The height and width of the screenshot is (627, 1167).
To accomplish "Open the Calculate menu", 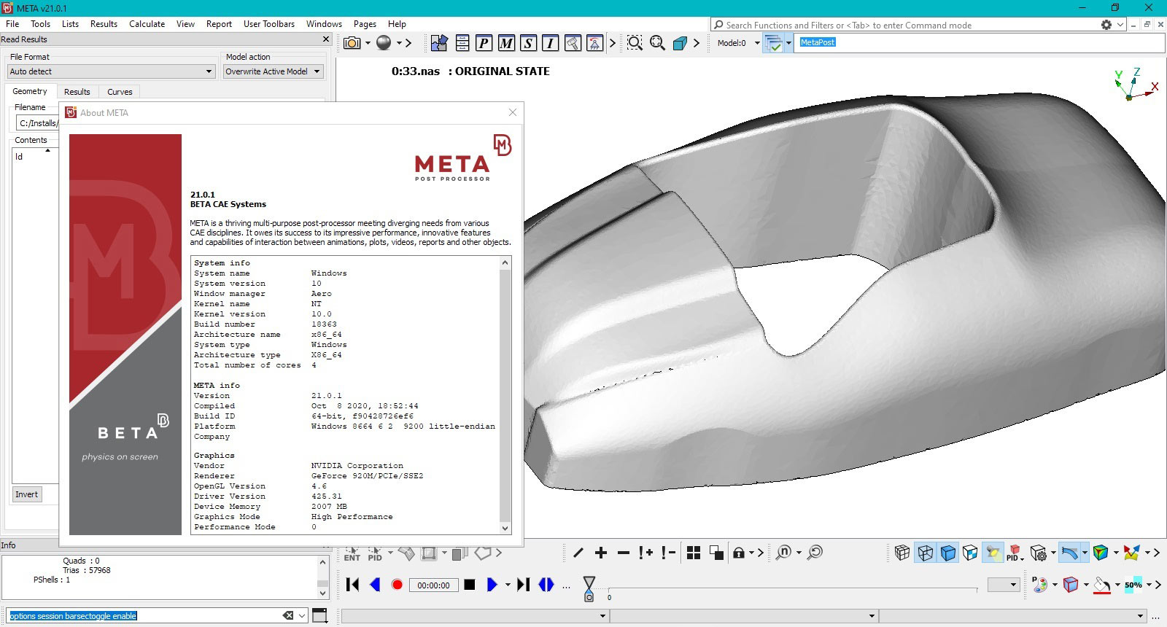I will coord(147,24).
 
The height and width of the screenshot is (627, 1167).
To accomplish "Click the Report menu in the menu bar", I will coord(219,24).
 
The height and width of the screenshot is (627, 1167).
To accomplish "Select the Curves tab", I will coord(120,92).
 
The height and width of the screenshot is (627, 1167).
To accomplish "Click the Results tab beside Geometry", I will coord(77,92).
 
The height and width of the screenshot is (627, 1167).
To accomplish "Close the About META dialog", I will coord(513,112).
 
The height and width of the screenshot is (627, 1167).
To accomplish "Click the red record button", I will coord(397,585).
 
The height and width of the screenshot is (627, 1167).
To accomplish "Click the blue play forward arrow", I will coord(492,585).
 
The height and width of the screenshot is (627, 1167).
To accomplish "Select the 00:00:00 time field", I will coord(433,585).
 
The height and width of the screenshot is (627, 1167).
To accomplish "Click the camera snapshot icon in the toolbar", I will coord(352,43).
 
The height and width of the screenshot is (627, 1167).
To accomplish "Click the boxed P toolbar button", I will coord(484,43).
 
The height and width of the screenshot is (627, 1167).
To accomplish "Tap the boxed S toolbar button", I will coord(528,43).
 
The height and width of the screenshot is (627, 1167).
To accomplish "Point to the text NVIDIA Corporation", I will coord(357,466).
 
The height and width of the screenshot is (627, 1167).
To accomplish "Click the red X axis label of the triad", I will coord(1155,87).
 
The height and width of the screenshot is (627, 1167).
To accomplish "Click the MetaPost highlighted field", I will coord(818,42).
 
